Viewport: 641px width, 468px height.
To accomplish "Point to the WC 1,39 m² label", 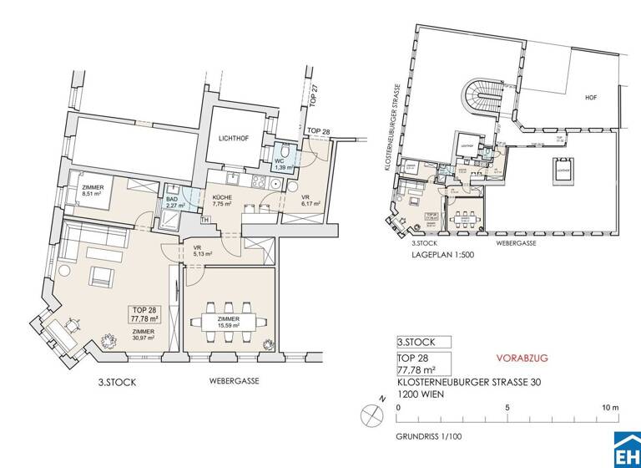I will (283, 164).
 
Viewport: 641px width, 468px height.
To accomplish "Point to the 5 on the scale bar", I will (506, 408).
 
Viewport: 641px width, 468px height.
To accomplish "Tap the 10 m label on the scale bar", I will (609, 408).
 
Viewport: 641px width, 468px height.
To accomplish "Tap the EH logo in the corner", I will (626, 451).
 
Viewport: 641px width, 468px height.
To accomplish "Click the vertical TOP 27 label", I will (314, 98).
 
